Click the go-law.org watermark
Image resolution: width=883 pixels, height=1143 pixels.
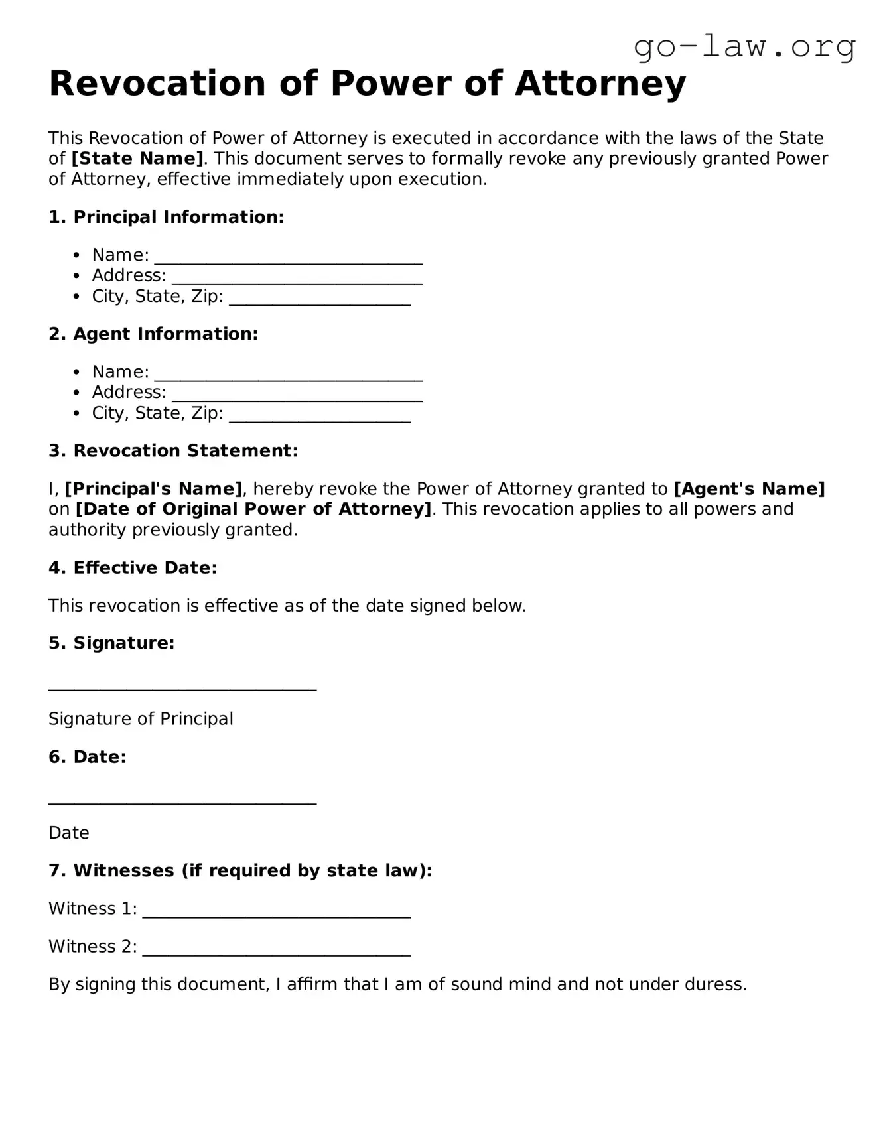744,48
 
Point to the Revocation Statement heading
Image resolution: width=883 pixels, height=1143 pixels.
173,451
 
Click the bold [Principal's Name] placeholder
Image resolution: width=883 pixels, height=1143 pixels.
153,489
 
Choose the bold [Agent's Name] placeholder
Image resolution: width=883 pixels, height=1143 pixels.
749,489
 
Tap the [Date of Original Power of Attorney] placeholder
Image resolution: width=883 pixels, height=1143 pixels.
253,509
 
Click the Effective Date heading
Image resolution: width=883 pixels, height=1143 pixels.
133,568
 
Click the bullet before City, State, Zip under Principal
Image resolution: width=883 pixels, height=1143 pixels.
78,297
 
